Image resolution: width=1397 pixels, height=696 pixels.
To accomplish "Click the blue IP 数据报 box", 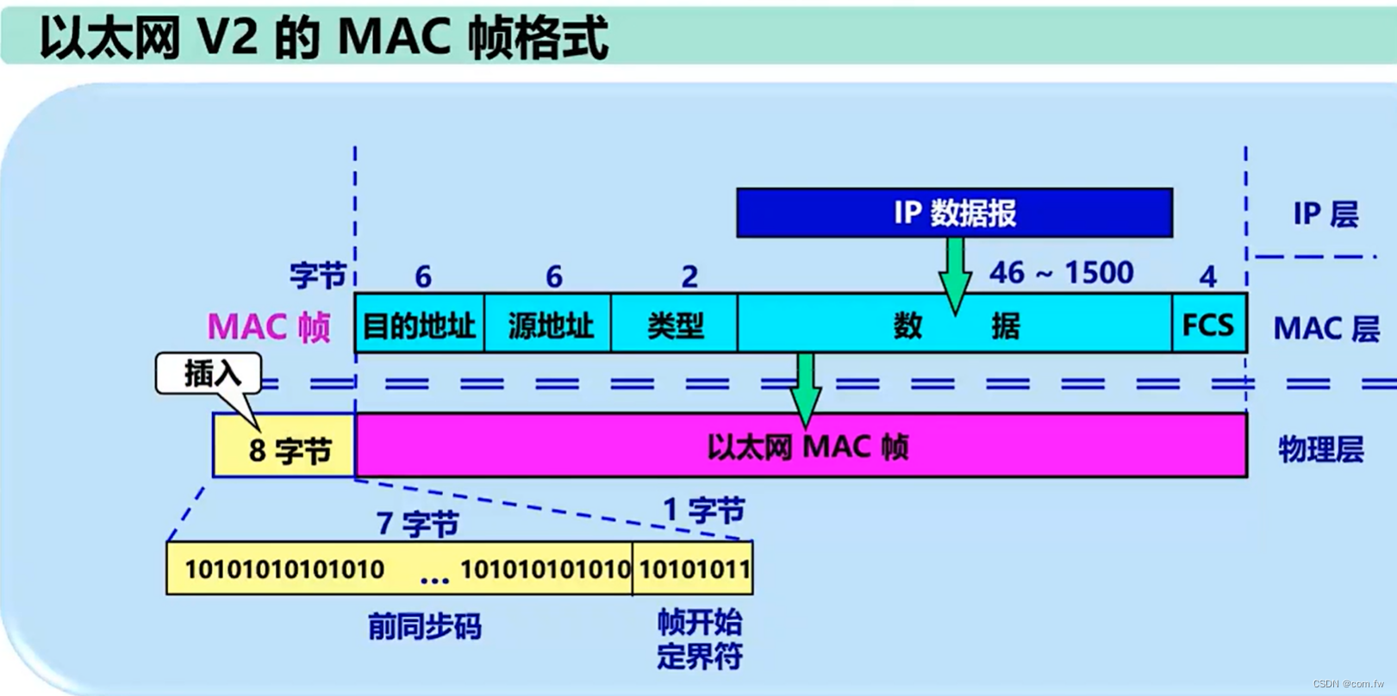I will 954,213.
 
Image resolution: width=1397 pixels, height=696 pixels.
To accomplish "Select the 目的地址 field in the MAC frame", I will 420,325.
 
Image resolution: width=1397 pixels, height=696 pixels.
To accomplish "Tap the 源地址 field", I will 548,325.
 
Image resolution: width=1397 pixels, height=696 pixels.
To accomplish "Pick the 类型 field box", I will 675,325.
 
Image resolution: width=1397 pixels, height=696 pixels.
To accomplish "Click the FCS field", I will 1208,325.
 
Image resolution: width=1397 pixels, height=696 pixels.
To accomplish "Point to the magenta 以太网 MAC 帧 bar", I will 801,446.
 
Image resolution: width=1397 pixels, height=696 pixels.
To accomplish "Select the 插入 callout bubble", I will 209,374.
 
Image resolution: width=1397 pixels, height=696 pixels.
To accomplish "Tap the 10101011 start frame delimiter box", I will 693,569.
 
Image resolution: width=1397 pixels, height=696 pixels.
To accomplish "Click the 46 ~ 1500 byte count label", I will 1061,273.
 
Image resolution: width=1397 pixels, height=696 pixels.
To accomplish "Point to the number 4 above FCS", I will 1207,277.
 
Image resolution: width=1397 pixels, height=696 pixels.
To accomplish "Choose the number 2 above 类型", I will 689,277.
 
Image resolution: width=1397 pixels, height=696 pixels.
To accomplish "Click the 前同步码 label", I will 424,626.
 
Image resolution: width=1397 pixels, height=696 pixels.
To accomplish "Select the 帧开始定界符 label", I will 699,639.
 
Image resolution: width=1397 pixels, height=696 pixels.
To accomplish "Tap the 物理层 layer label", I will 1320,449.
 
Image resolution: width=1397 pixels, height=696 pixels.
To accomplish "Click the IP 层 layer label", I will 1325,214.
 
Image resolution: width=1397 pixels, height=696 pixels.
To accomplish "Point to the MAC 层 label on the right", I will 1325,328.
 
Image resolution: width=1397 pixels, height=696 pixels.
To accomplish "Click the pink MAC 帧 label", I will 269,327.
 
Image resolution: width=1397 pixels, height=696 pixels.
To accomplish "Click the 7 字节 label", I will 417,523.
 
